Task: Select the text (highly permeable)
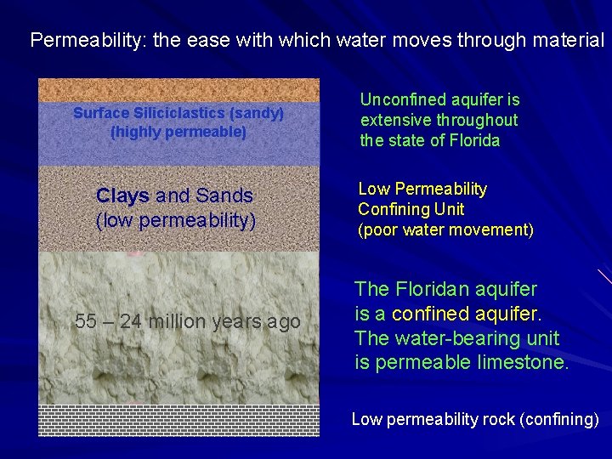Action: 178,133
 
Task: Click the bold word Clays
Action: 122,195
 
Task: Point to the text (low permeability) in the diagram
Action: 176,221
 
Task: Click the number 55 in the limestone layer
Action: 86,321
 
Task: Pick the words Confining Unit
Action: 411,209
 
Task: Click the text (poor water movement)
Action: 445,229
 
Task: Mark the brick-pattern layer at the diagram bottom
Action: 178,420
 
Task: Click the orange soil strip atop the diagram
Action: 178,88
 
